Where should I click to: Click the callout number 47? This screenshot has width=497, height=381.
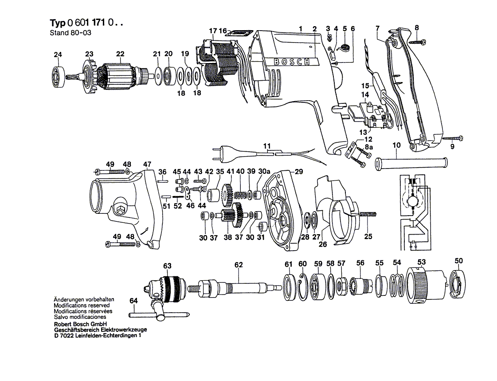pyautogui.click(x=147, y=164)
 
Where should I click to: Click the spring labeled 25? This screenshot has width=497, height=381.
pyautogui.click(x=368, y=215)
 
